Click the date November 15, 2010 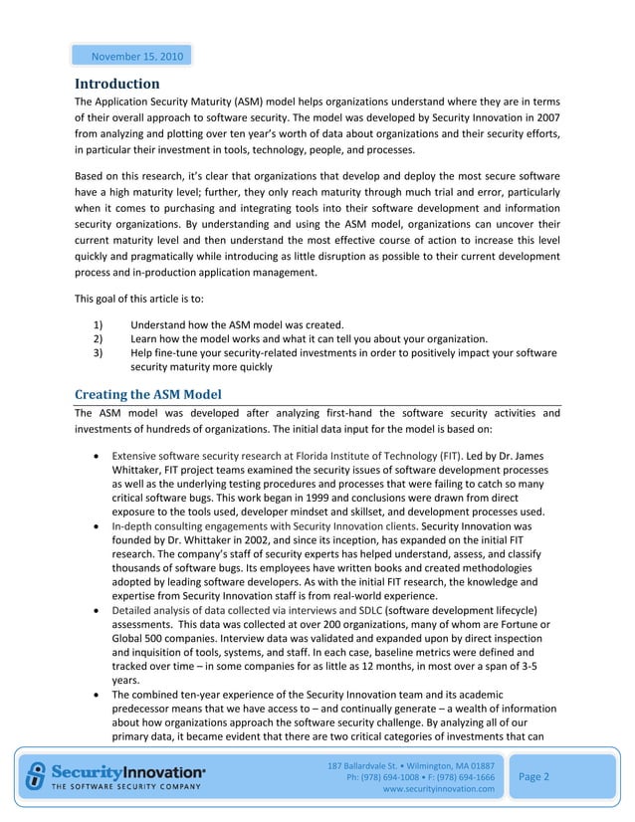(129, 55)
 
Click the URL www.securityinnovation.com (438, 789)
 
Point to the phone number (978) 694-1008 (392, 776)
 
